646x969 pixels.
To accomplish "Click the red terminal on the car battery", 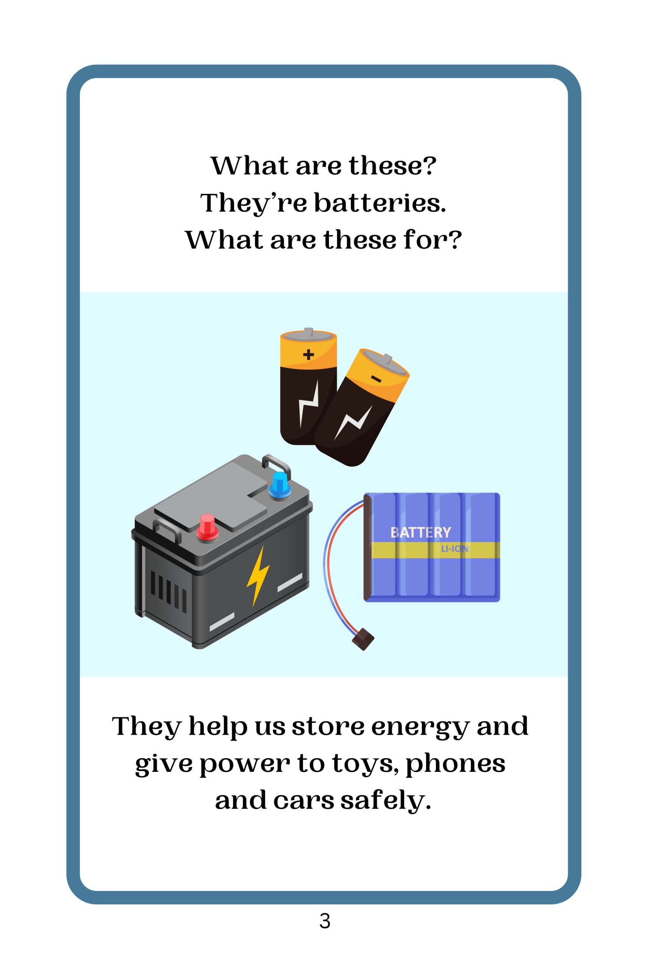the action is point(207,527).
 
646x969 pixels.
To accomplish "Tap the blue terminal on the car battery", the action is point(280,485).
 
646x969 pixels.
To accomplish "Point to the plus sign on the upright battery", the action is point(308,354).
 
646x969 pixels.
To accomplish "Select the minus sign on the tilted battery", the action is point(376,378).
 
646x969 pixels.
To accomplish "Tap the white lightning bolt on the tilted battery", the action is point(353,422).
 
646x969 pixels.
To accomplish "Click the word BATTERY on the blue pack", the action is point(421,532).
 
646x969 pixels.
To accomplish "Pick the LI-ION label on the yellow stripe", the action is point(455,549).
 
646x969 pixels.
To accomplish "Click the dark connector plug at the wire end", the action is point(363,639).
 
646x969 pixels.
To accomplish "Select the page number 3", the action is point(325,921).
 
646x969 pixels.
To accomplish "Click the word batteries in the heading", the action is point(380,203).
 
